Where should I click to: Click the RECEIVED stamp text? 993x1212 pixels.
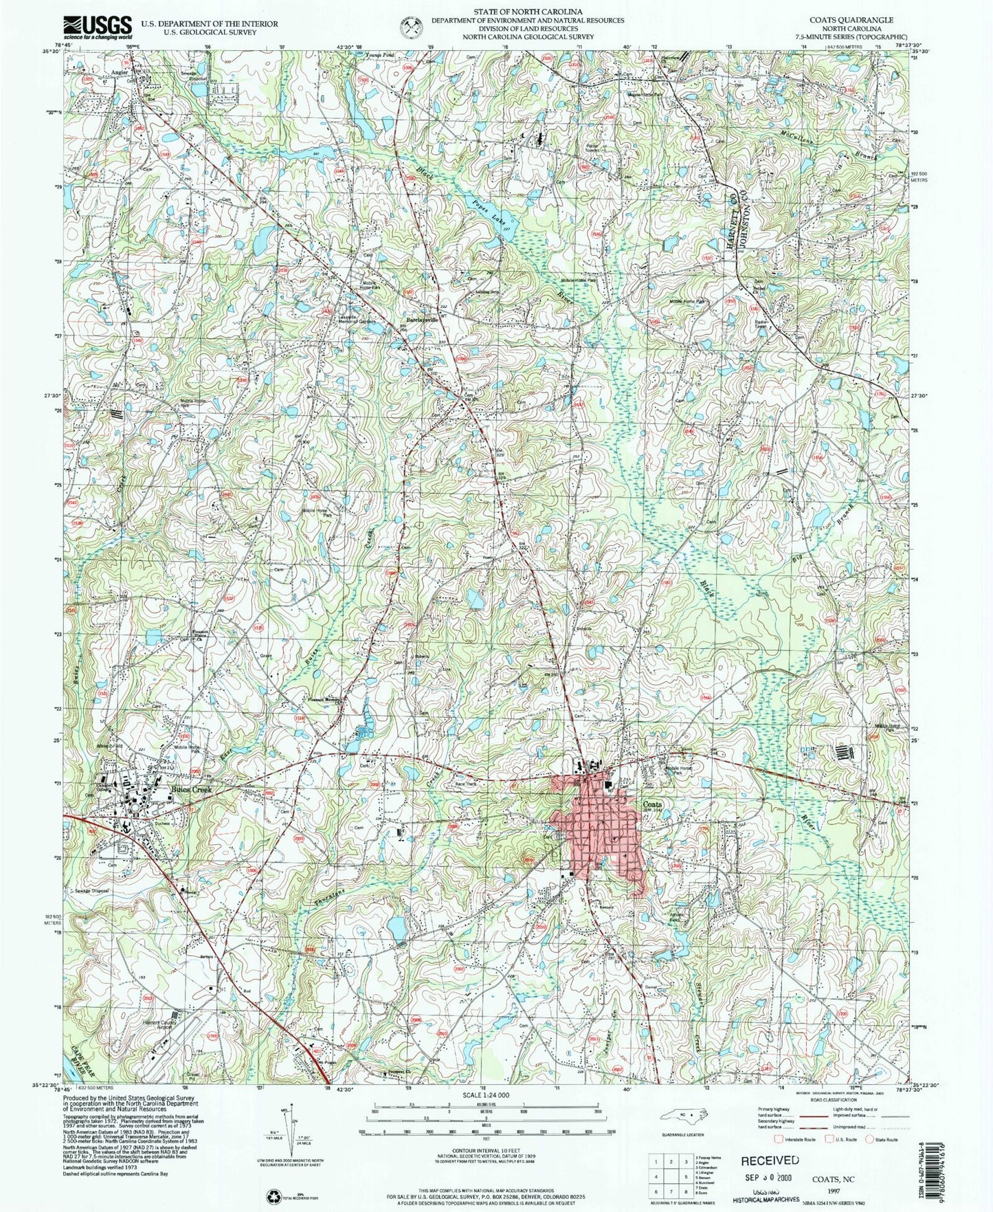(x=769, y=1160)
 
